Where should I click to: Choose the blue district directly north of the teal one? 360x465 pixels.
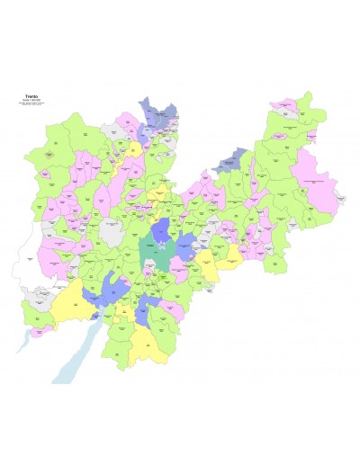click(x=161, y=230)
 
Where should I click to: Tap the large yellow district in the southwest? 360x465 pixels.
click(x=67, y=306)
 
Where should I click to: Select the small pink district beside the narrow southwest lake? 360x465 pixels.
click(x=37, y=330)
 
